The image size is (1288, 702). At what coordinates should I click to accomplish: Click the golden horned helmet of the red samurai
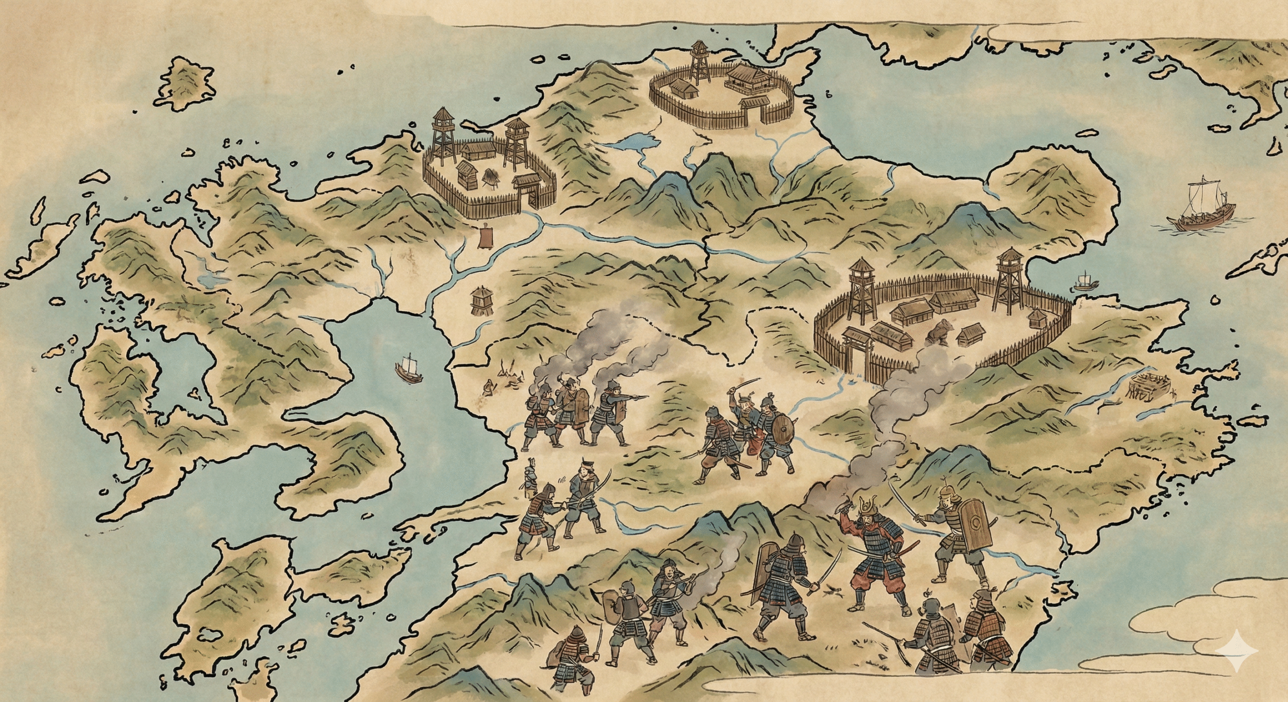pos(870,506)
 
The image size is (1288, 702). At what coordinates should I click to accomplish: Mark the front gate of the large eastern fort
pos(857,352)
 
